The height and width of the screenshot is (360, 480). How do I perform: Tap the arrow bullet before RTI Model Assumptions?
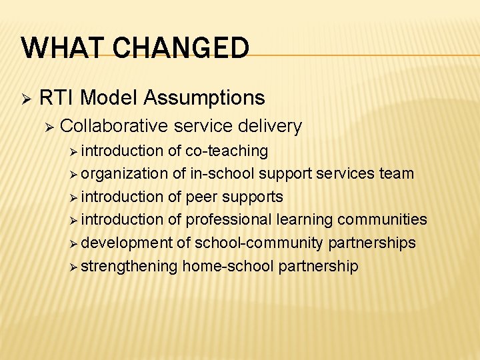[26, 99]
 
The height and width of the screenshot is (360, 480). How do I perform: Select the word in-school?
[222, 174]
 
